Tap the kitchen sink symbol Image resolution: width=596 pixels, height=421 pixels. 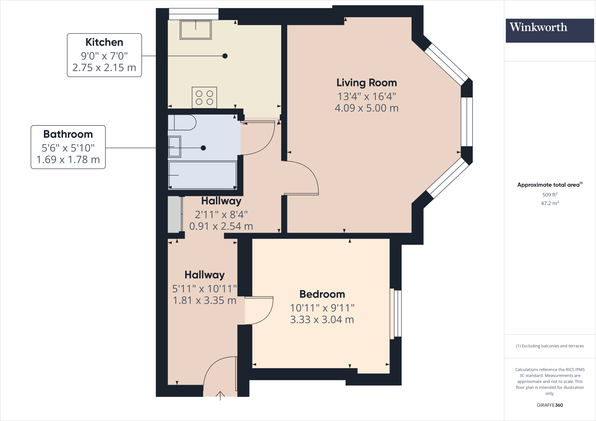[x=196, y=30]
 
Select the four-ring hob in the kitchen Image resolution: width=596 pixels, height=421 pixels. [x=204, y=98]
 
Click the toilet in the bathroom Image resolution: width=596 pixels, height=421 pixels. [x=182, y=122]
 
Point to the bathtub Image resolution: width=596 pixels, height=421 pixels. [x=203, y=175]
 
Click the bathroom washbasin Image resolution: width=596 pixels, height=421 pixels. [x=174, y=147]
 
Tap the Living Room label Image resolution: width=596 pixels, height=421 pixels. [x=366, y=83]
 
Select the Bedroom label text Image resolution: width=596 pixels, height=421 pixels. [x=322, y=294]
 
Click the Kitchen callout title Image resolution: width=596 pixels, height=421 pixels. [x=104, y=42]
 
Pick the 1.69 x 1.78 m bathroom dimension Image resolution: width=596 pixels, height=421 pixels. [x=68, y=160]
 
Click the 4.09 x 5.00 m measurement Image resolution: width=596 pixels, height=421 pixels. [x=366, y=108]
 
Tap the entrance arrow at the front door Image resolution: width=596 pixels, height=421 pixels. [x=220, y=395]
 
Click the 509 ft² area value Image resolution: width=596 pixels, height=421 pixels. [x=549, y=195]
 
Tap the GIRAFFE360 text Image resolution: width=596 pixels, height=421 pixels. [x=549, y=405]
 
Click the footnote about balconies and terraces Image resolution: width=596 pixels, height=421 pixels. [x=549, y=346]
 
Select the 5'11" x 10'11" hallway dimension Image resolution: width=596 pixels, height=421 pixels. [x=204, y=289]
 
